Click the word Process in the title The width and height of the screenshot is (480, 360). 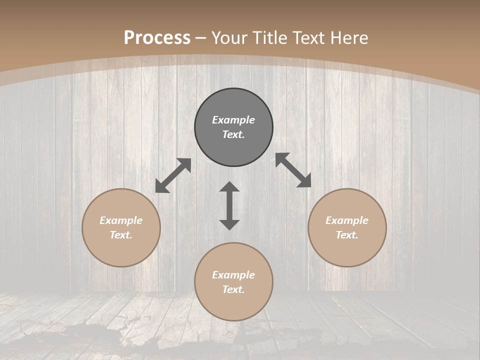(157, 38)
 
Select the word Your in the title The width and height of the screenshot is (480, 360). (228, 38)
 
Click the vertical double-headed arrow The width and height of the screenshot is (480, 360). (229, 205)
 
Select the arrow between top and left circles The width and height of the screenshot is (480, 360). (173, 175)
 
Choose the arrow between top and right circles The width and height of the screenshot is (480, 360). (293, 170)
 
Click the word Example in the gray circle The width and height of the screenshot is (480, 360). (233, 120)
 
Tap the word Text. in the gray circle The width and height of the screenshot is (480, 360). (233, 134)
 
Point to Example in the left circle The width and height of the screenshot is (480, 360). (121, 220)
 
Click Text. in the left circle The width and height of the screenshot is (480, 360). (121, 235)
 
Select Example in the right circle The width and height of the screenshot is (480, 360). (347, 220)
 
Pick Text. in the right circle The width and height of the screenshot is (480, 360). (347, 235)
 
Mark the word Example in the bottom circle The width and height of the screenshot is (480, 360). (233, 275)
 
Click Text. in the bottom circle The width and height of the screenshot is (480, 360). (233, 289)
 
